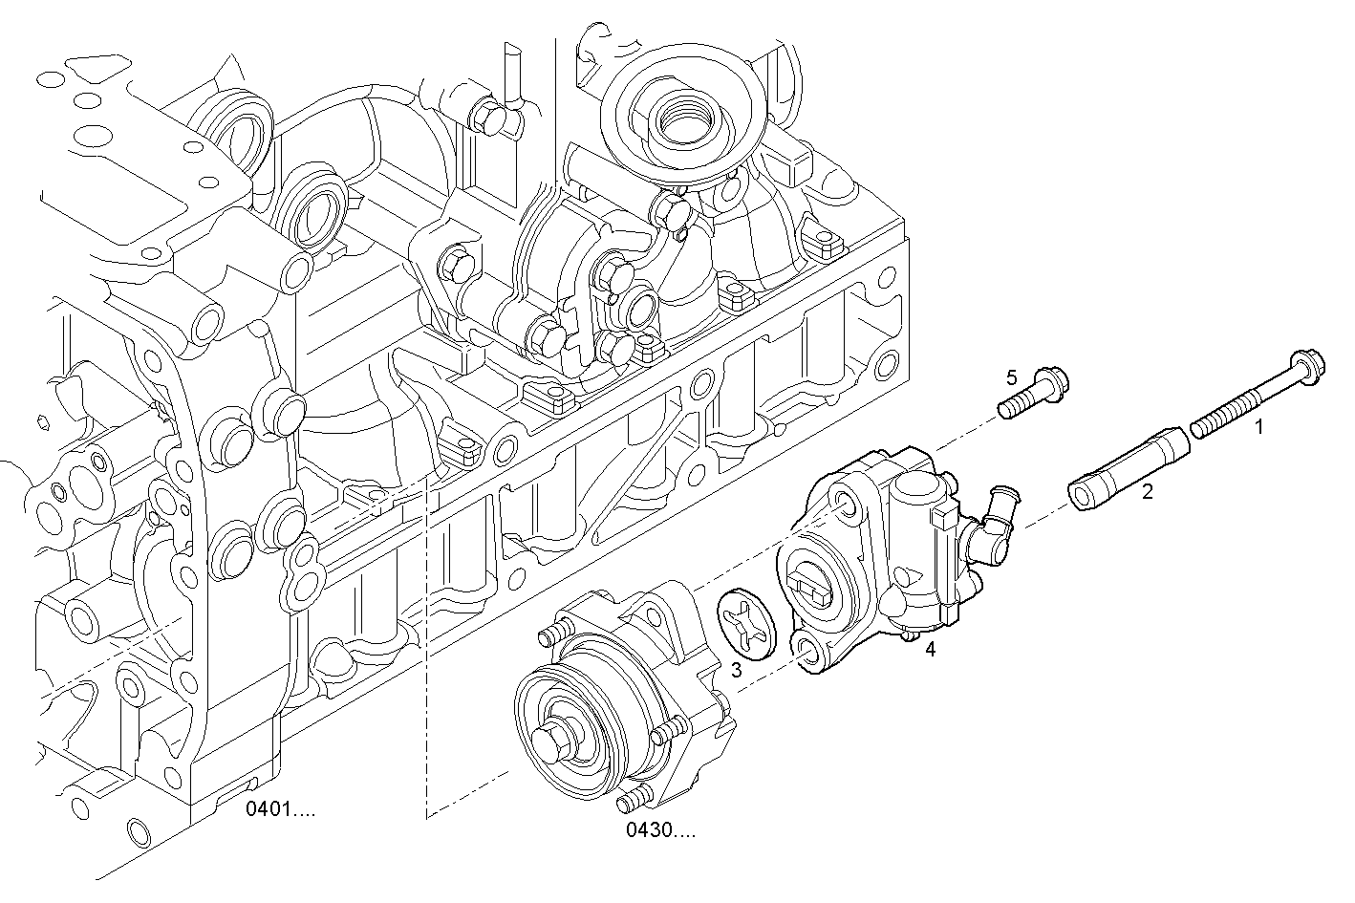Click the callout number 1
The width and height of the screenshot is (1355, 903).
point(1258,428)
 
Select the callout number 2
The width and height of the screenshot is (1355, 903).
point(1148,492)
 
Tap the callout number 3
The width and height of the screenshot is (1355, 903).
point(736,671)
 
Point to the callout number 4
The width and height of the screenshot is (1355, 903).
point(930,651)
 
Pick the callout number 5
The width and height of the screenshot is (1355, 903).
point(1011,377)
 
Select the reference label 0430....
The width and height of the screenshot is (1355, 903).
point(660,830)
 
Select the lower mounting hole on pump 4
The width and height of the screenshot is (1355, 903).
point(807,653)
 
